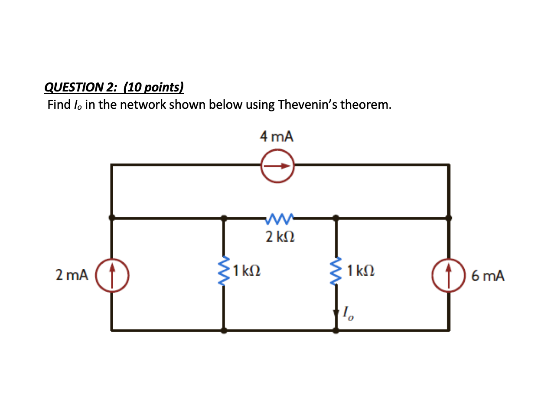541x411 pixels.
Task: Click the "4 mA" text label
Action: coord(277,137)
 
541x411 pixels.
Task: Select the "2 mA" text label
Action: coord(72,274)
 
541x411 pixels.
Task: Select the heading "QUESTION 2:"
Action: coord(81,87)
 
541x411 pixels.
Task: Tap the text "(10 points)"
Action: coord(153,87)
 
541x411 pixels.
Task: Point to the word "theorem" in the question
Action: coord(366,105)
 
